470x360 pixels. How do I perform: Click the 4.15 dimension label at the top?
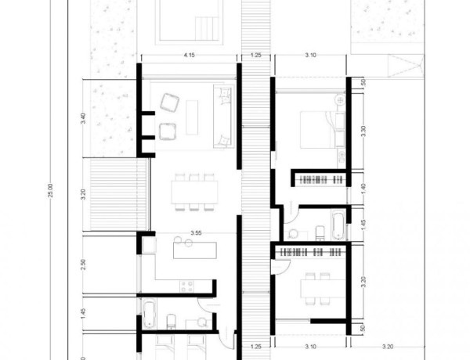189,56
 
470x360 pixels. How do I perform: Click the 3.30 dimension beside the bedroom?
363,131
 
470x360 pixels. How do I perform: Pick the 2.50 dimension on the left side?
83,265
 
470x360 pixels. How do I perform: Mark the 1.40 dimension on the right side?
363,188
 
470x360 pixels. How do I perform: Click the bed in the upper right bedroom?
322,128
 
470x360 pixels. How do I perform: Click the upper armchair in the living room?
169,103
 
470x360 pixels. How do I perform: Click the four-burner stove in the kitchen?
188,285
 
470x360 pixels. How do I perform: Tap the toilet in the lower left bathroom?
172,319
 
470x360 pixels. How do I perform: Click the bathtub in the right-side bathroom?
336,228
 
